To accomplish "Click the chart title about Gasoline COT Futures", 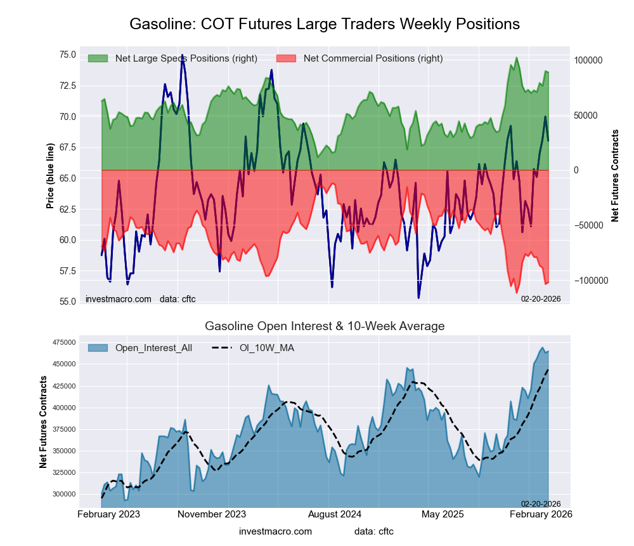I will [325, 24].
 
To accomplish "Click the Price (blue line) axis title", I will [50, 176].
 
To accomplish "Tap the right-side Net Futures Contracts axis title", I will [615, 176].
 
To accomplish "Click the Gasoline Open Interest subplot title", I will [325, 326].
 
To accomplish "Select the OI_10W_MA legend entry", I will [266, 348].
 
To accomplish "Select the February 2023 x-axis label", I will [109, 514].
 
